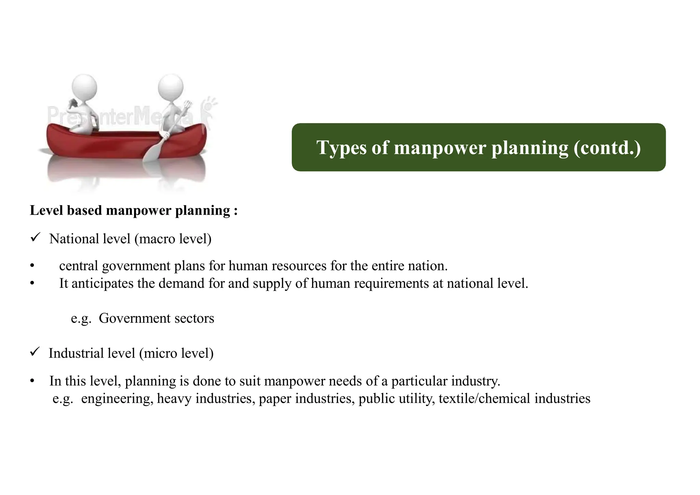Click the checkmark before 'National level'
click(36, 237)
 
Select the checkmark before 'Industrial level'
click(36, 352)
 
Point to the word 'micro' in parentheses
click(158, 353)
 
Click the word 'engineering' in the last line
click(117, 399)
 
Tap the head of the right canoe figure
click(171, 88)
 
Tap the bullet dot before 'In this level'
click(32, 381)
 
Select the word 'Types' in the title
click(341, 148)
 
